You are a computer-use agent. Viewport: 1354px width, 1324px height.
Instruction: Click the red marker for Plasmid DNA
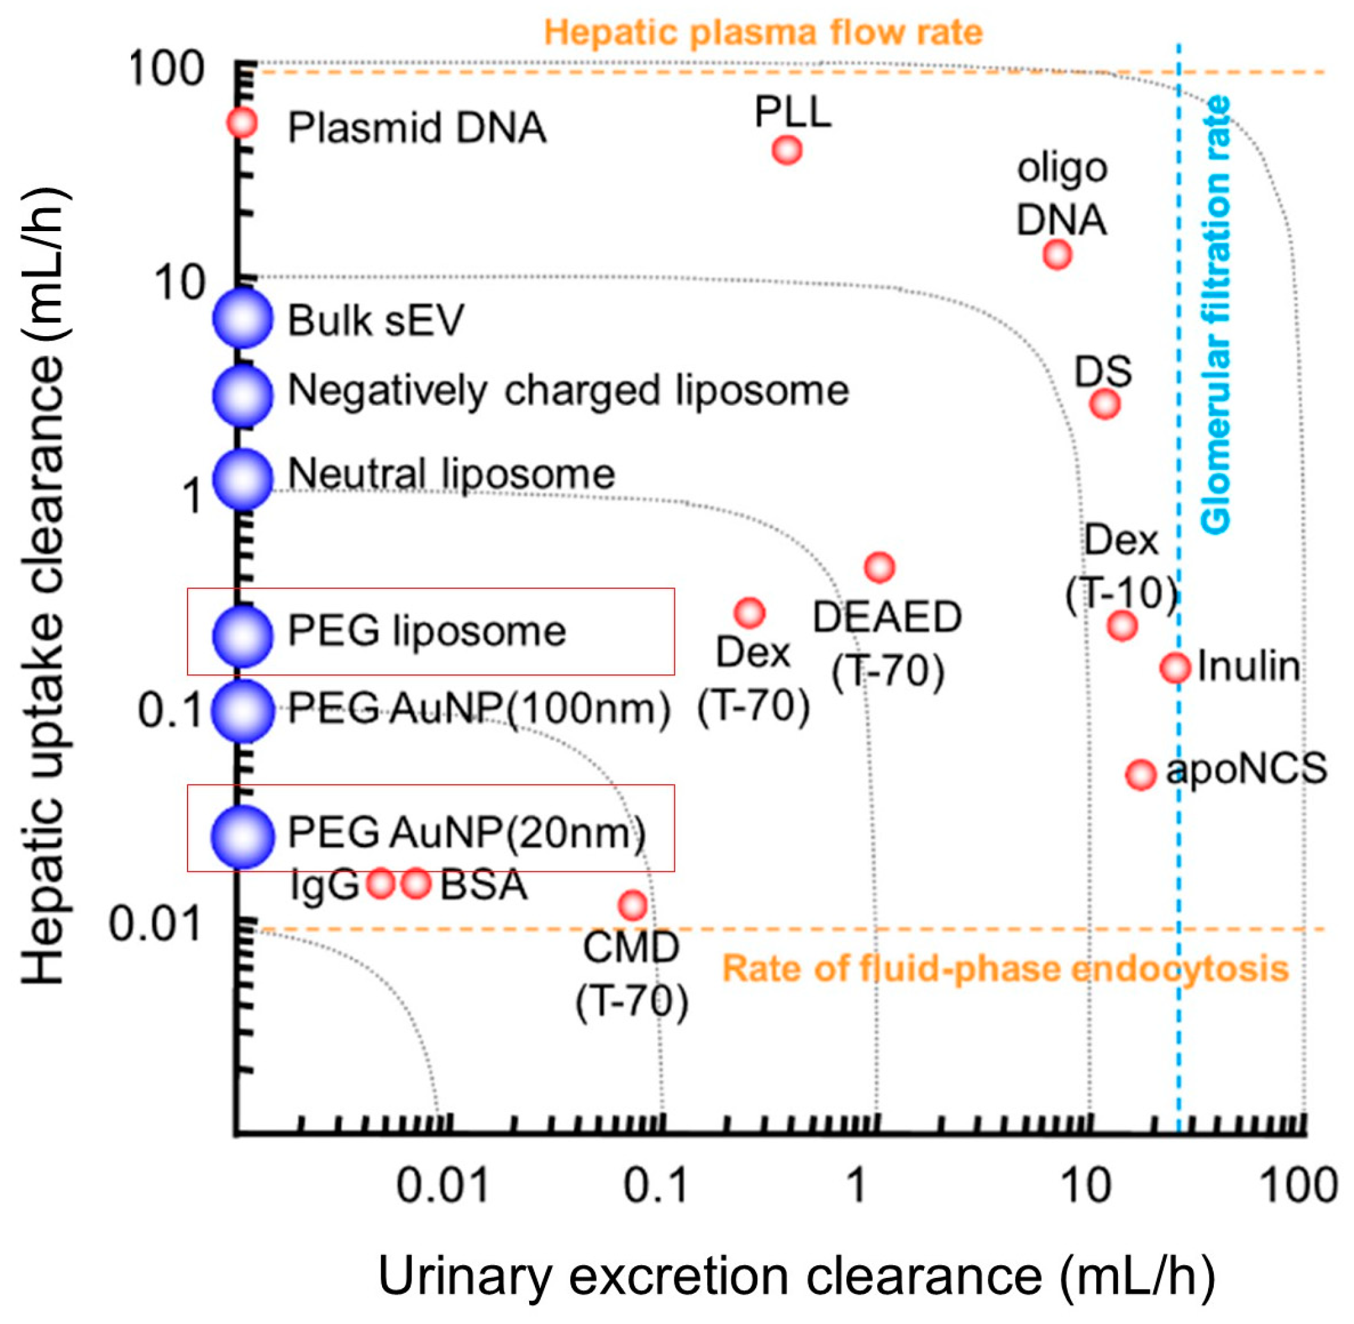tap(242, 123)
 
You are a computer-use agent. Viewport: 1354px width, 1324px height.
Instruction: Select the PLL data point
tap(787, 150)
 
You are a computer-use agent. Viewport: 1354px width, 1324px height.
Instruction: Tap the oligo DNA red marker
tap(1057, 255)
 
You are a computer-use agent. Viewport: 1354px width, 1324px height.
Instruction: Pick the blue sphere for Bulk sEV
tap(242, 318)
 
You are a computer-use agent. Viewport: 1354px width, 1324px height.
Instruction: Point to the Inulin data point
tap(1175, 668)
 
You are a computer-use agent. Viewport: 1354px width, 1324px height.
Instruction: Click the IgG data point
tap(381, 883)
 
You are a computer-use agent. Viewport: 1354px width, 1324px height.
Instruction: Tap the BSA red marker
tap(417, 883)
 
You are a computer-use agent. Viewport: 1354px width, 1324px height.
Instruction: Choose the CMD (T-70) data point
tap(632, 905)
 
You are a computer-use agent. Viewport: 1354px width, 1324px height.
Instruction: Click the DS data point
tap(1105, 403)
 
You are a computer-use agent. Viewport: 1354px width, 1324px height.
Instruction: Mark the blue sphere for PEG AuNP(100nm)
tap(242, 711)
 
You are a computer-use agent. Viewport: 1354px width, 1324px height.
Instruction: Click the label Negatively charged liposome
tap(568, 391)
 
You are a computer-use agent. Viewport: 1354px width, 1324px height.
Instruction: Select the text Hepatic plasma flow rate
tap(763, 33)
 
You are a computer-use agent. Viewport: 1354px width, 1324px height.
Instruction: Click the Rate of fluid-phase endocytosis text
tap(1005, 969)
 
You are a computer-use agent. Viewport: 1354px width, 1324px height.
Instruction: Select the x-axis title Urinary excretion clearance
tap(796, 1275)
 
